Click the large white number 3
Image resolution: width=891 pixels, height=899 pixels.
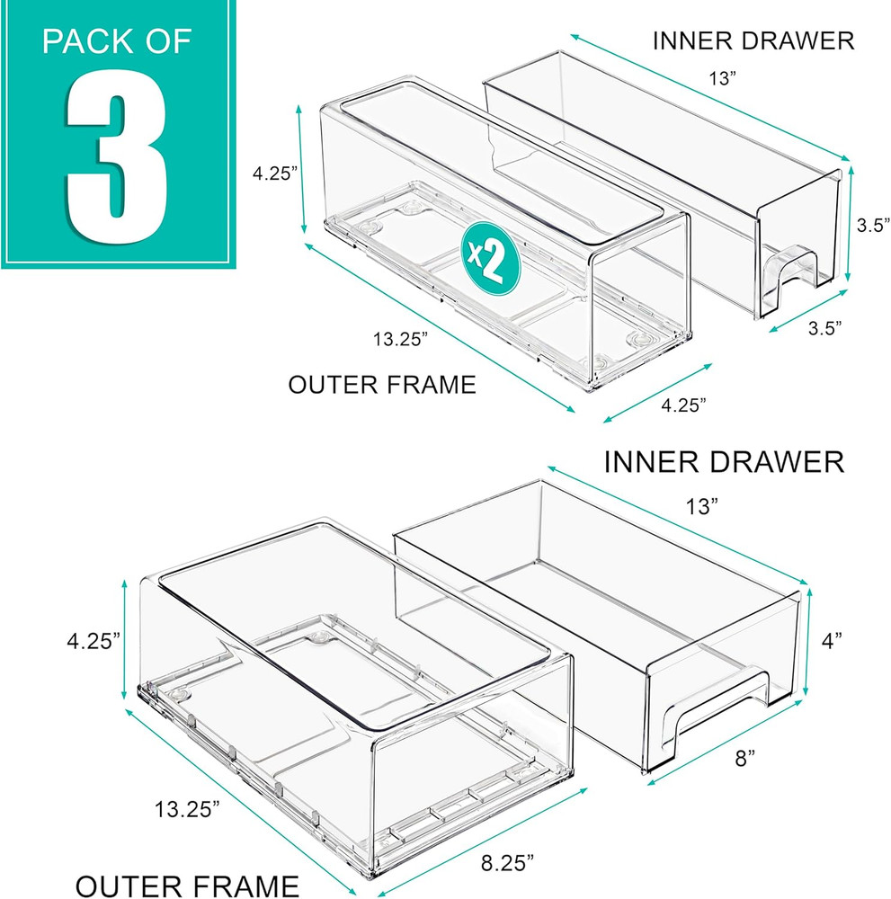click(x=117, y=156)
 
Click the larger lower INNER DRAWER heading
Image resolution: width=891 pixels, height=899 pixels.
click(x=724, y=462)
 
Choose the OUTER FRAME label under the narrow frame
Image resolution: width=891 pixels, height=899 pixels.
click(x=381, y=385)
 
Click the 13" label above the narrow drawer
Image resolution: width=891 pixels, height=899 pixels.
click(x=719, y=79)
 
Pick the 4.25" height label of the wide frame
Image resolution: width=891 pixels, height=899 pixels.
click(x=92, y=641)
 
